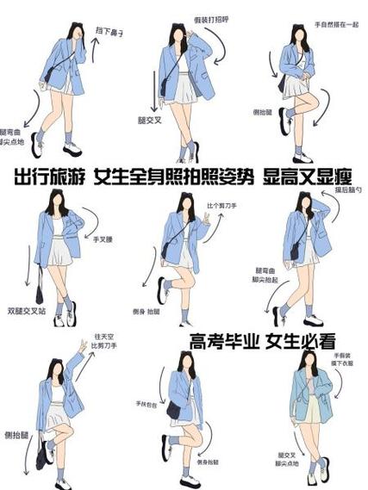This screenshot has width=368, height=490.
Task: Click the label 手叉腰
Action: click(x=104, y=239)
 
